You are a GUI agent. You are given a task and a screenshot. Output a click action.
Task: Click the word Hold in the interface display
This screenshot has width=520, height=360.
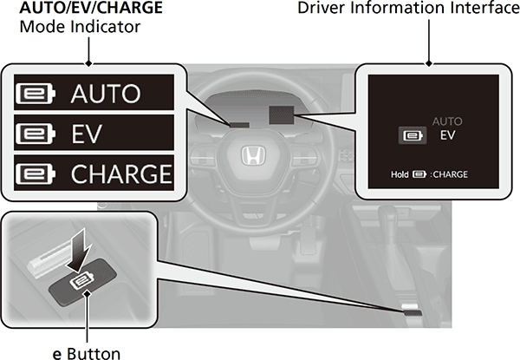click(x=400, y=173)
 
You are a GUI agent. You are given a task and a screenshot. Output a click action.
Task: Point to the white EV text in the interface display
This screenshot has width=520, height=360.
click(x=448, y=136)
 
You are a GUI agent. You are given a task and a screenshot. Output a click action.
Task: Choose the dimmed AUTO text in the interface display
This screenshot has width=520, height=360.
click(x=447, y=122)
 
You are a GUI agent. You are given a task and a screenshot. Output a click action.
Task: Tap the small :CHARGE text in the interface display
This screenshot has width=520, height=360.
click(x=449, y=173)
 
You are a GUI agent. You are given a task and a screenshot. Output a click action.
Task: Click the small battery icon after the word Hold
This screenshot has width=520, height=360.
click(x=420, y=173)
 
